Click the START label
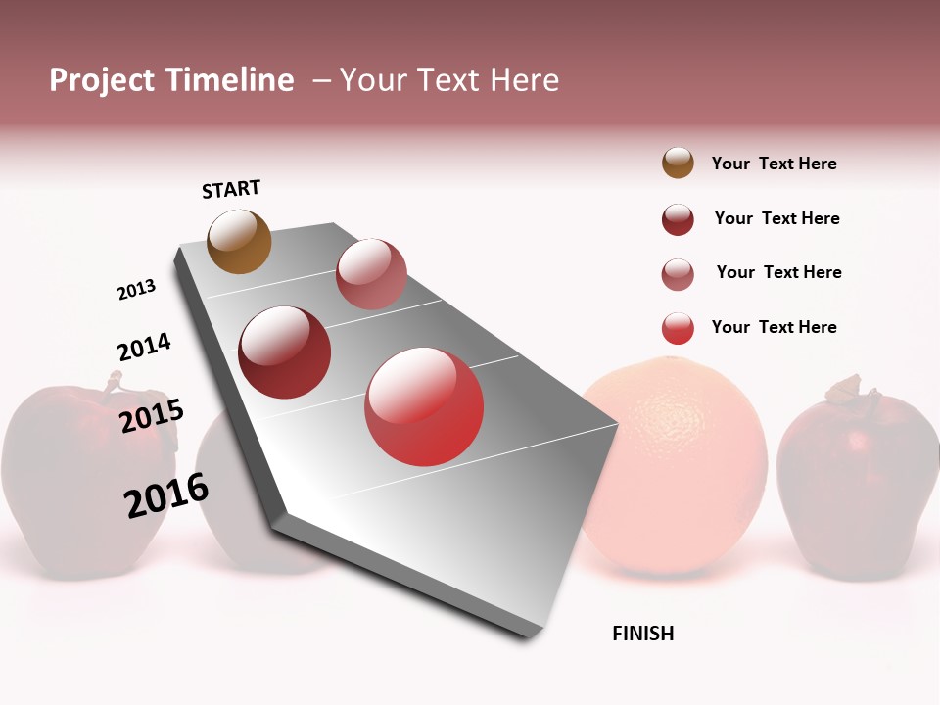coord(231,189)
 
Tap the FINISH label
coord(643,634)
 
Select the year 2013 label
coord(136,290)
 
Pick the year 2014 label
coord(144,347)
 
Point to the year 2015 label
coord(152,416)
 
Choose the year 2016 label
coord(166,494)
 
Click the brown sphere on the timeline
coord(240,241)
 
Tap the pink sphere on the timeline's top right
coord(371,274)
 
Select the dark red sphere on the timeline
coord(285,352)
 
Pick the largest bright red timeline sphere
coord(424,406)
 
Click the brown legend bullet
coord(678,164)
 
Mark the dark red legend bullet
coord(678,219)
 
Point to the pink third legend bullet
coord(678,274)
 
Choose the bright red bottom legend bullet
coord(678,328)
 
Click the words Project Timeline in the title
coord(171,80)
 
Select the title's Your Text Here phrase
coord(449,80)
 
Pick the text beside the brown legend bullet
coord(774,164)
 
